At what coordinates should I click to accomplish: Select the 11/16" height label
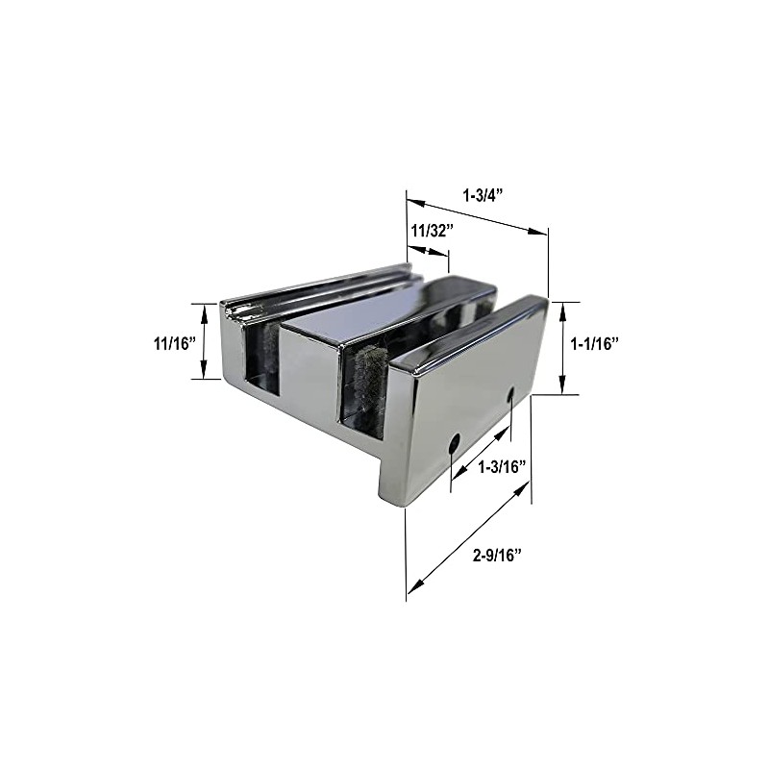173,342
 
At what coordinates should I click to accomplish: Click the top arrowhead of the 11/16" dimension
203,309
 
